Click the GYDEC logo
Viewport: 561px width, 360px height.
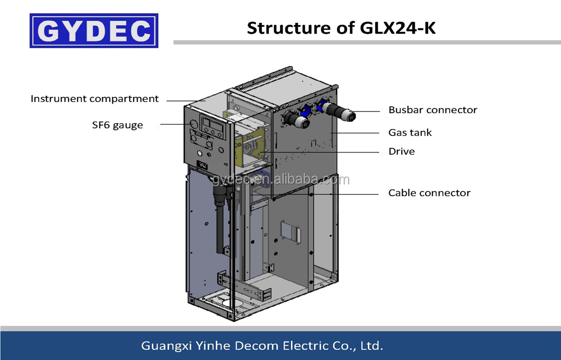click(94, 31)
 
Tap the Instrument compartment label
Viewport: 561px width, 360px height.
click(95, 99)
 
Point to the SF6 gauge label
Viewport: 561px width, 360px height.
click(117, 125)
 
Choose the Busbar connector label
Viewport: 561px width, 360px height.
click(433, 110)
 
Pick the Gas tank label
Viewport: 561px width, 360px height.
click(410, 133)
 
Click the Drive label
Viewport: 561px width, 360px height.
click(402, 151)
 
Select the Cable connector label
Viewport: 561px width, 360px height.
click(429, 193)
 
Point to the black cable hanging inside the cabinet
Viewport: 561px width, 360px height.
click(219, 213)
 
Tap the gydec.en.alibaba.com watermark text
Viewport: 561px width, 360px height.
click(280, 180)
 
